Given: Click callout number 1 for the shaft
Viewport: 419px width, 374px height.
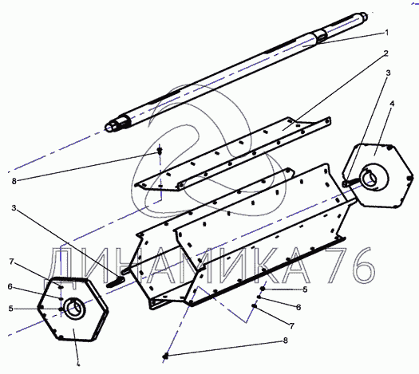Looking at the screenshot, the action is pyautogui.click(x=386, y=33).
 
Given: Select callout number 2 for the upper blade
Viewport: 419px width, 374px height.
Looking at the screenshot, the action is pyautogui.click(x=385, y=53).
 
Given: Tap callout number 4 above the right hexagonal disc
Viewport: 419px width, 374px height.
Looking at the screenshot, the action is pyautogui.click(x=392, y=104).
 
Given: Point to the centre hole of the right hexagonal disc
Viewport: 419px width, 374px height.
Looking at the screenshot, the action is pyautogui.click(x=372, y=178).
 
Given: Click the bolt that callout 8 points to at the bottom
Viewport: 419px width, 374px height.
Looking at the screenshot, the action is pyautogui.click(x=166, y=356).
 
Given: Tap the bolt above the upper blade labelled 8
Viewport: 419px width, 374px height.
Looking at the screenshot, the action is pyautogui.click(x=160, y=152).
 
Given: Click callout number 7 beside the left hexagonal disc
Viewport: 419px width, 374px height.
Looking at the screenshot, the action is pyautogui.click(x=11, y=262).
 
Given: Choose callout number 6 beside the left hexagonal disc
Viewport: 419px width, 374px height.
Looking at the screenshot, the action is pyautogui.click(x=10, y=287).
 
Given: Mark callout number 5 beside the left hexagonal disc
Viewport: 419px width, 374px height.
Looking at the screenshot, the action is pyautogui.click(x=10, y=309).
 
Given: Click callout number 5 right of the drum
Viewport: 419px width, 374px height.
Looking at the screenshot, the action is pyautogui.click(x=305, y=289).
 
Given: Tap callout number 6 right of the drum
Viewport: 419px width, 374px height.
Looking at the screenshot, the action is pyautogui.click(x=298, y=307).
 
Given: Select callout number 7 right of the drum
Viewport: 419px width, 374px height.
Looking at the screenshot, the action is pyautogui.click(x=292, y=325).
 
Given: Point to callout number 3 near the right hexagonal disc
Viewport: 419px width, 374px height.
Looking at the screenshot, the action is pyautogui.click(x=388, y=73).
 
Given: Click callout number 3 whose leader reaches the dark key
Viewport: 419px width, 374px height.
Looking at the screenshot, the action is pyautogui.click(x=14, y=207).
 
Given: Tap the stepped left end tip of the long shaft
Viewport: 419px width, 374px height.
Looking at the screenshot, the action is pyautogui.click(x=108, y=128).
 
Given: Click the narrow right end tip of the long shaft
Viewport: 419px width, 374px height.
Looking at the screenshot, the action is pyautogui.click(x=364, y=16).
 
